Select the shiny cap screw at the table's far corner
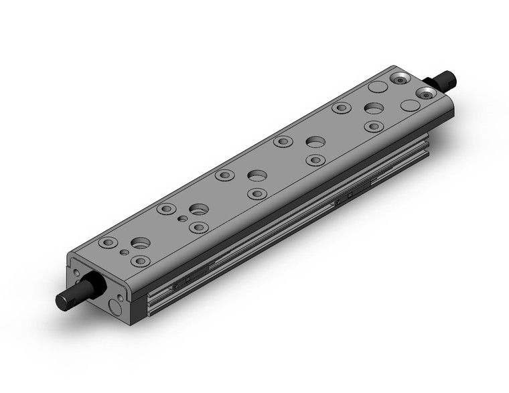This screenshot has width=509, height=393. [x=400, y=78]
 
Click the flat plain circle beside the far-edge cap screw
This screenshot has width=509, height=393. [x=378, y=87]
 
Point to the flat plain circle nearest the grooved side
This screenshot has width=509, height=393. [x=409, y=104]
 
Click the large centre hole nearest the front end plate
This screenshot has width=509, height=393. [x=141, y=243]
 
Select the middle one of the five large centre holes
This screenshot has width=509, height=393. [x=257, y=175]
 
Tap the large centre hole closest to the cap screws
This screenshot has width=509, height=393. [x=374, y=108]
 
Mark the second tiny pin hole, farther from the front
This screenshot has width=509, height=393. [x=181, y=219]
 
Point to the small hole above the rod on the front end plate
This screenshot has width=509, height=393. [x=76, y=273]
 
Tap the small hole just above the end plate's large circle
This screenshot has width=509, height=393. [x=120, y=295]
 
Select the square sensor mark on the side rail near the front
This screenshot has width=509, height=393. [x=188, y=279]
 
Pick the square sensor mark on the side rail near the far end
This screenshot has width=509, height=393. [x=350, y=195]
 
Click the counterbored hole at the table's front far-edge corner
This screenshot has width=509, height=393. [x=106, y=242]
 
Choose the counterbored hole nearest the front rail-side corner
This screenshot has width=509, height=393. [x=139, y=260]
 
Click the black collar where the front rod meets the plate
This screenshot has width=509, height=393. [x=92, y=288]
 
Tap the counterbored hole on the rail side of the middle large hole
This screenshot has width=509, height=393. [x=257, y=194]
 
